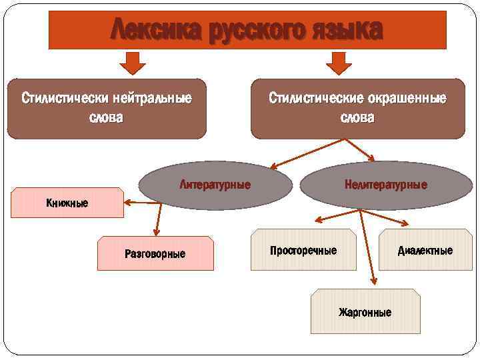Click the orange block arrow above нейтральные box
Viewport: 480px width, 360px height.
[133, 63]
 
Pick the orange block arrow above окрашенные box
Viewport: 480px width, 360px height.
[339, 63]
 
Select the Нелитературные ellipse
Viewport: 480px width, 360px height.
[385, 185]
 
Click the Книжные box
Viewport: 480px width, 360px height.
[67, 203]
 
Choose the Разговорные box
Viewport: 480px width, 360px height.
[155, 253]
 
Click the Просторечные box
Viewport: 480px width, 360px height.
[303, 251]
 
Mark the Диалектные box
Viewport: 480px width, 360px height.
[425, 251]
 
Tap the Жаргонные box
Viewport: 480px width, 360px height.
[365, 311]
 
